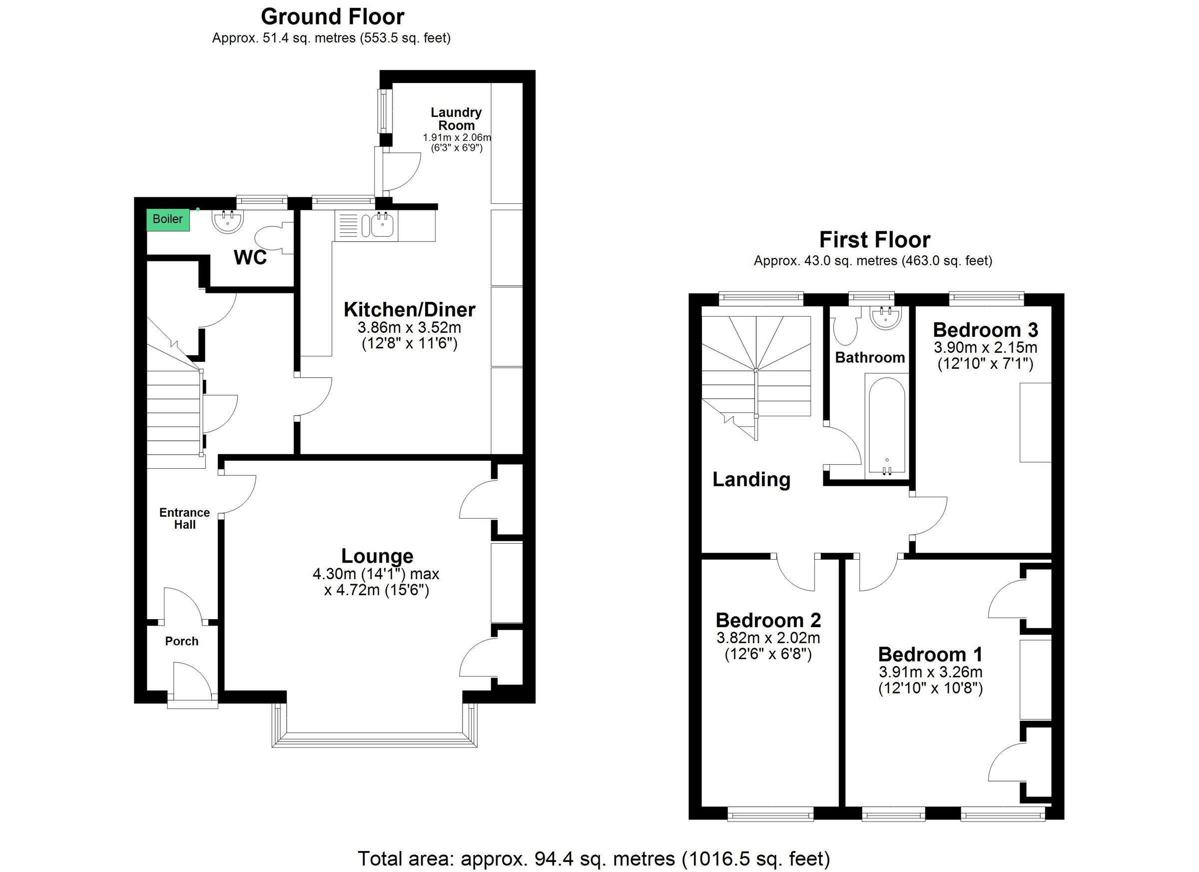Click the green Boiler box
[x=167, y=219]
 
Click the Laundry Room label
[x=456, y=119]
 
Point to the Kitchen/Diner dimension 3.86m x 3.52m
[x=409, y=327]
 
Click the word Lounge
[x=377, y=556]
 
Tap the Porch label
[x=181, y=641]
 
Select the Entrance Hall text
[x=184, y=518]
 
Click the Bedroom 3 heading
[x=985, y=330]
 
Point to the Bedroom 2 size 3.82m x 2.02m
[x=768, y=638]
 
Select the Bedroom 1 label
[x=930, y=654]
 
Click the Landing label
[x=751, y=479]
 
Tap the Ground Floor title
[x=332, y=17]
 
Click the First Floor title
[x=874, y=240]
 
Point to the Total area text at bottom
[x=594, y=858]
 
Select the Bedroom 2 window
[x=770, y=814]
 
